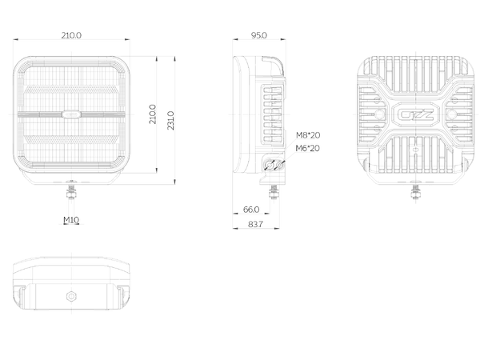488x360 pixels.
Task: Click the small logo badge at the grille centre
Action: pos(72,114)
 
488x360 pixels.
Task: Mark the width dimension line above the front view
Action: pos(72,38)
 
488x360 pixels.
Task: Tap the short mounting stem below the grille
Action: pos(72,210)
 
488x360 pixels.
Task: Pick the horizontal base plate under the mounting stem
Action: pos(72,225)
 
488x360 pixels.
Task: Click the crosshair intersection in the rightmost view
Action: pos(415,114)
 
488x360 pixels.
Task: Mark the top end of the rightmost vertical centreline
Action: pos(415,53)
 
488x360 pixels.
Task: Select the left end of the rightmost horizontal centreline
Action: pos(354,114)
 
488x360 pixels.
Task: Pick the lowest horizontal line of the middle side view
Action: pos(256,229)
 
